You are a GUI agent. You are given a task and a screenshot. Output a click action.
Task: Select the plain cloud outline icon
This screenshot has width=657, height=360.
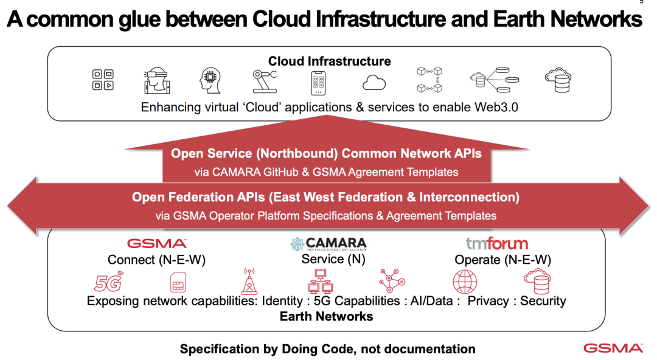[374, 82]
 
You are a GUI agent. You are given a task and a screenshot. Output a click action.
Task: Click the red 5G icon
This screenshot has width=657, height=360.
[109, 282]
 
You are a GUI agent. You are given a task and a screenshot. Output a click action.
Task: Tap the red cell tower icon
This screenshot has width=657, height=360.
[248, 281]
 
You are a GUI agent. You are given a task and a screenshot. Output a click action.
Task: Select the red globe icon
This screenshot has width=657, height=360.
[465, 282]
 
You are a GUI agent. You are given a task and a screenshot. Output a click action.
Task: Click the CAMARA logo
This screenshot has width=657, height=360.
[328, 244]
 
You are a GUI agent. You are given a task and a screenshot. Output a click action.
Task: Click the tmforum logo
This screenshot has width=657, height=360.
[497, 244]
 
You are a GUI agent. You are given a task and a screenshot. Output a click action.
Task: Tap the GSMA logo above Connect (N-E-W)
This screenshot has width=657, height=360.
[157, 244]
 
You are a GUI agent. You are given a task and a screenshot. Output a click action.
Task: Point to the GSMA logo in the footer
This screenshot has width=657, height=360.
[613, 348]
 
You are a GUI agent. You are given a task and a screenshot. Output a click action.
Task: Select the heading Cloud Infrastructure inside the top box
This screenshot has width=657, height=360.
[329, 61]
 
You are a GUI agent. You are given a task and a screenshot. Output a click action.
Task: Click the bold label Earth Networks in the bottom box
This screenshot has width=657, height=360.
[326, 316]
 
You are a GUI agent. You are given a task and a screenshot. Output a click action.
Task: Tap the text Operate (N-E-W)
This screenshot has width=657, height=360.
[502, 260]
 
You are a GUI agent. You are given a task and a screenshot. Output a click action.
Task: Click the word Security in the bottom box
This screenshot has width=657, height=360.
[543, 301]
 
